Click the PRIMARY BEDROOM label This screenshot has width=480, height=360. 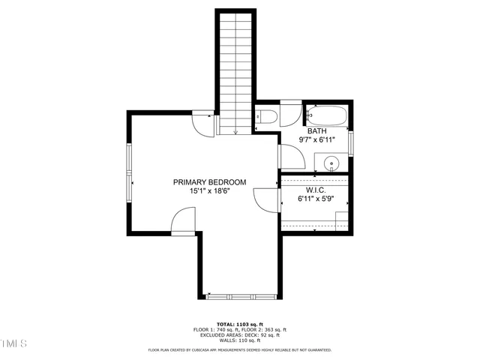(x=209, y=182)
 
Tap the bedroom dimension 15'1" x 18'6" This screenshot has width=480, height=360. (x=209, y=191)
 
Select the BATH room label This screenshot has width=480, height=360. (x=316, y=130)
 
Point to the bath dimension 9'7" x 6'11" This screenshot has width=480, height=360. (x=316, y=139)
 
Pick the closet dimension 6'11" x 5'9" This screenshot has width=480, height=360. (x=315, y=199)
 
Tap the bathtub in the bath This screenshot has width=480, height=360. (x=326, y=116)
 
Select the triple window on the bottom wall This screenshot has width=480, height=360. (x=240, y=297)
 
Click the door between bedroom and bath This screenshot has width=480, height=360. (x=290, y=156)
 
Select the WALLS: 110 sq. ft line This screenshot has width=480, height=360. (x=239, y=340)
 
